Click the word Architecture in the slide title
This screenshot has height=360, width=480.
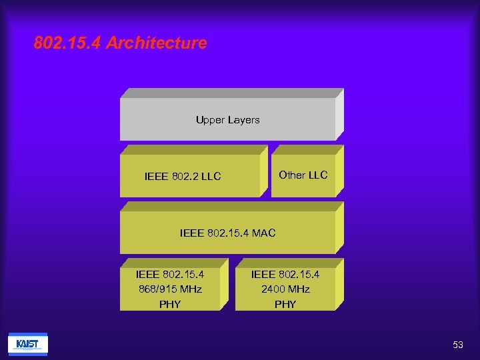[157, 43]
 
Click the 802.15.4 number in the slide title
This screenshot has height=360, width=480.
[67, 43]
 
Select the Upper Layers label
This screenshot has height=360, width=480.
[227, 120]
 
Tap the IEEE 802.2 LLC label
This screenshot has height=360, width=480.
[183, 177]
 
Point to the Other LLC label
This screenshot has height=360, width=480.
[303, 175]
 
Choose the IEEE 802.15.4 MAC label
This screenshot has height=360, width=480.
[227, 233]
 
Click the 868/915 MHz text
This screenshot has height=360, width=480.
[170, 289]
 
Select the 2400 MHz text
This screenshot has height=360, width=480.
[285, 289]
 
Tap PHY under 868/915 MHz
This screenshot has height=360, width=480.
[170, 304]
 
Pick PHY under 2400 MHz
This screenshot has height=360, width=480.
[285, 304]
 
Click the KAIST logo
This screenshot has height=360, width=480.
[27, 344]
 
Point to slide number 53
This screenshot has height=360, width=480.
[457, 345]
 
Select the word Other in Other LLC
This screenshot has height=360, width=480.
[291, 175]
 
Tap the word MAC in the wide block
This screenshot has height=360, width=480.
[263, 233]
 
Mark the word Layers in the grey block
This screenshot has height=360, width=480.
[243, 120]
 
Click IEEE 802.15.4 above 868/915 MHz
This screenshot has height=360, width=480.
[170, 274]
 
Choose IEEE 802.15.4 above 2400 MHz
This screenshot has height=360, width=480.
[285, 274]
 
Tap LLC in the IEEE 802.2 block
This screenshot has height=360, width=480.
[211, 177]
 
